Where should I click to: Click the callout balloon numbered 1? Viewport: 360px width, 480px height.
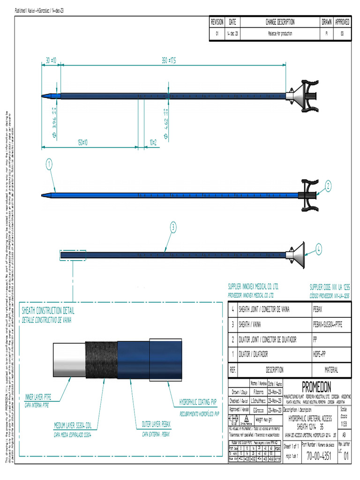pos(49,164)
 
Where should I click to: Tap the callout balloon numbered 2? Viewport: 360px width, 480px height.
pos(328,185)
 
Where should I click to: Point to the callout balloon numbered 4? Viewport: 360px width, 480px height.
pos(319,249)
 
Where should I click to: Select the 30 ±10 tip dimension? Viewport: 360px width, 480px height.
pos(51,60)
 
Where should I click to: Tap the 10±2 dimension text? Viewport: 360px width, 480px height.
pos(153,142)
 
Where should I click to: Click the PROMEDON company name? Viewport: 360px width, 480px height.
pos(316,387)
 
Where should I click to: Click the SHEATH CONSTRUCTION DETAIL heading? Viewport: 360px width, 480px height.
pos(48,311)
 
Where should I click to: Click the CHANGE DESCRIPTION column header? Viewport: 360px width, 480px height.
pos(280,22)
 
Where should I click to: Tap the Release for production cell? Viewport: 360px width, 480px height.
pos(280,34)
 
